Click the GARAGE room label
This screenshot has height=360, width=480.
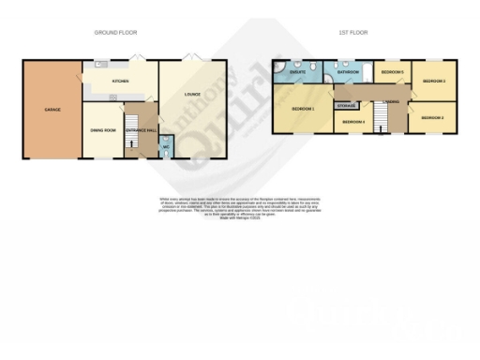click(52, 110)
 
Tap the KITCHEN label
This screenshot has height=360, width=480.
click(120, 82)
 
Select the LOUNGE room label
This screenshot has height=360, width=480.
click(191, 95)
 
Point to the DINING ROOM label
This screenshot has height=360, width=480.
click(103, 129)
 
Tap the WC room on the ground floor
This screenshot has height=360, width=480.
click(166, 148)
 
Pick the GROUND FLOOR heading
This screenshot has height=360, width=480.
click(117, 33)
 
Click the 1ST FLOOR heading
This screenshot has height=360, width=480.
click(352, 33)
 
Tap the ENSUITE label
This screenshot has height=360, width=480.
click(298, 71)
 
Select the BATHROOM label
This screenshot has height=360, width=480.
click(349, 71)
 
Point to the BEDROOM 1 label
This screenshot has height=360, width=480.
click(302, 110)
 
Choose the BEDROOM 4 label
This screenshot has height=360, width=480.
click(352, 122)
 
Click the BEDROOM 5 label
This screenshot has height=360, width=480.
click(392, 72)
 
